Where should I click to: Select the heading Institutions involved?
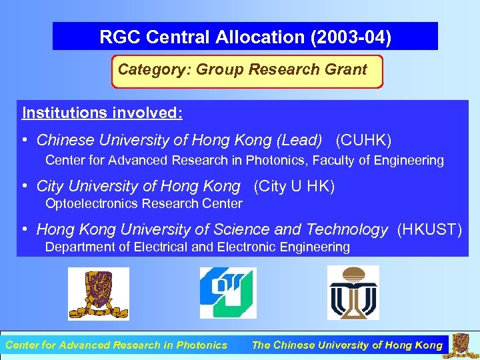102,113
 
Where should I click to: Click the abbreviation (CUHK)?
363,141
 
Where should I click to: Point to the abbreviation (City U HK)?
294,187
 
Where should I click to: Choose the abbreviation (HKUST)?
429,230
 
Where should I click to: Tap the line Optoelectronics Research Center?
143,203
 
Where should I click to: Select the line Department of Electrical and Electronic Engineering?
197,247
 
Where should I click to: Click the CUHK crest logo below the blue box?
98,293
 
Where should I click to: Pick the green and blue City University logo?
228,293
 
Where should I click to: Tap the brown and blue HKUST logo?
353,293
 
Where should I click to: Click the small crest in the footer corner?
461,345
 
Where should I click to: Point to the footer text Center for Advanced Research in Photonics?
116,345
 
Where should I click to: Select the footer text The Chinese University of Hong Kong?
347,345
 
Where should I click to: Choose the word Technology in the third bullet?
347,230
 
